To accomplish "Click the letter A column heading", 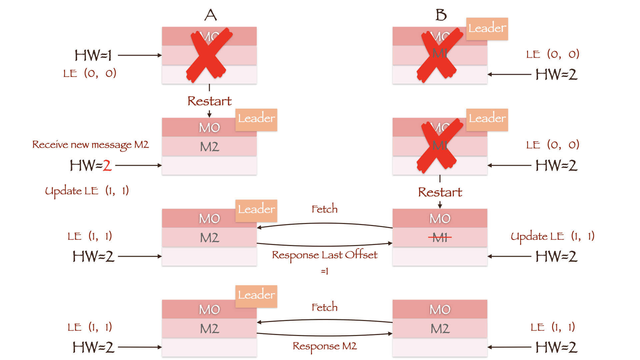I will (x=210, y=15).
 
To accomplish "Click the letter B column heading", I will (x=441, y=15).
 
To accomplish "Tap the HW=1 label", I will (x=93, y=55).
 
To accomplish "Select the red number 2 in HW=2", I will (x=107, y=165).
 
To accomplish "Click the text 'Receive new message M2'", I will (x=90, y=145).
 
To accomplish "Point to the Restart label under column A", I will (x=209, y=101).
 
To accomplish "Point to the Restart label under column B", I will (x=440, y=192).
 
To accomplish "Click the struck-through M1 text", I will (x=440, y=237).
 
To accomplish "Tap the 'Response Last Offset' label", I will (x=325, y=255).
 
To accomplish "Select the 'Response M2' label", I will (x=325, y=346).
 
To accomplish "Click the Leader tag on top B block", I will (x=487, y=29).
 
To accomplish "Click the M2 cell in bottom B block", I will (x=440, y=329).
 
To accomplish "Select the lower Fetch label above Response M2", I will (x=325, y=307).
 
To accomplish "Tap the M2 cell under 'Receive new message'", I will (x=209, y=147).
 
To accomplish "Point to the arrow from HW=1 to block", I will (x=140, y=55).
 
